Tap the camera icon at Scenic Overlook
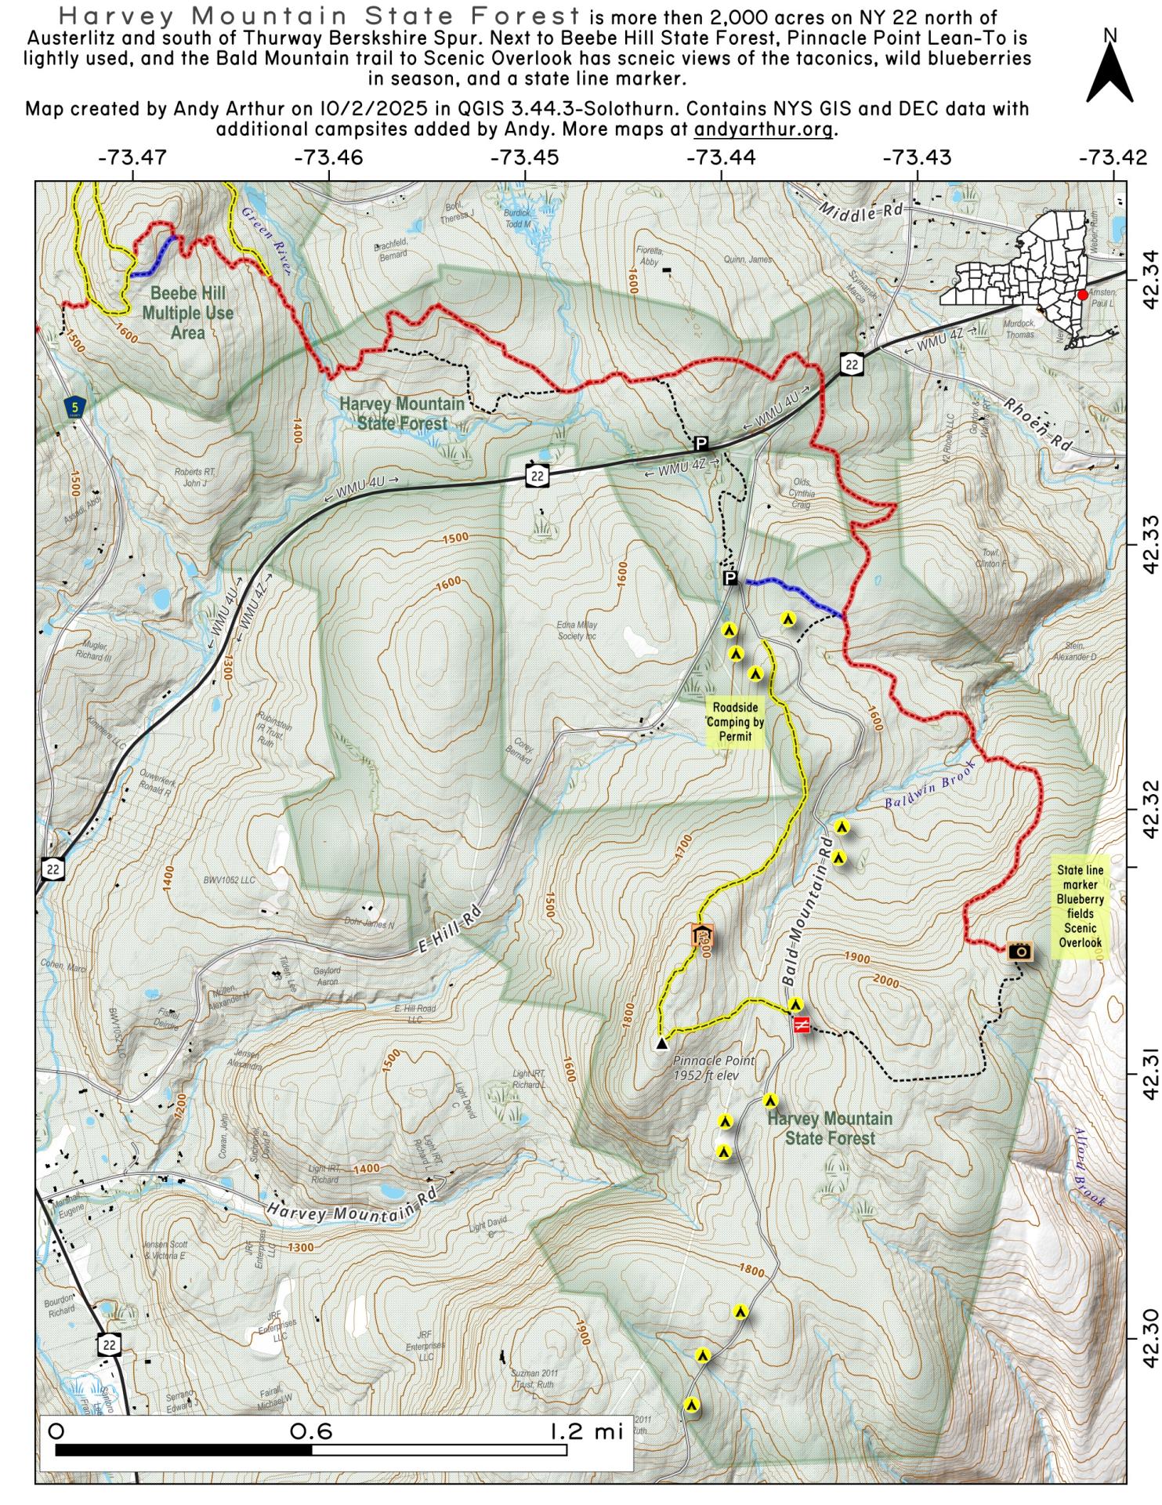point(1019,951)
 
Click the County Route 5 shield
point(74,406)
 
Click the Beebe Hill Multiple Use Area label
point(188,314)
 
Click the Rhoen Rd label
point(1036,425)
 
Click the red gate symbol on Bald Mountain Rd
point(801,1024)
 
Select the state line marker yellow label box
point(1080,906)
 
